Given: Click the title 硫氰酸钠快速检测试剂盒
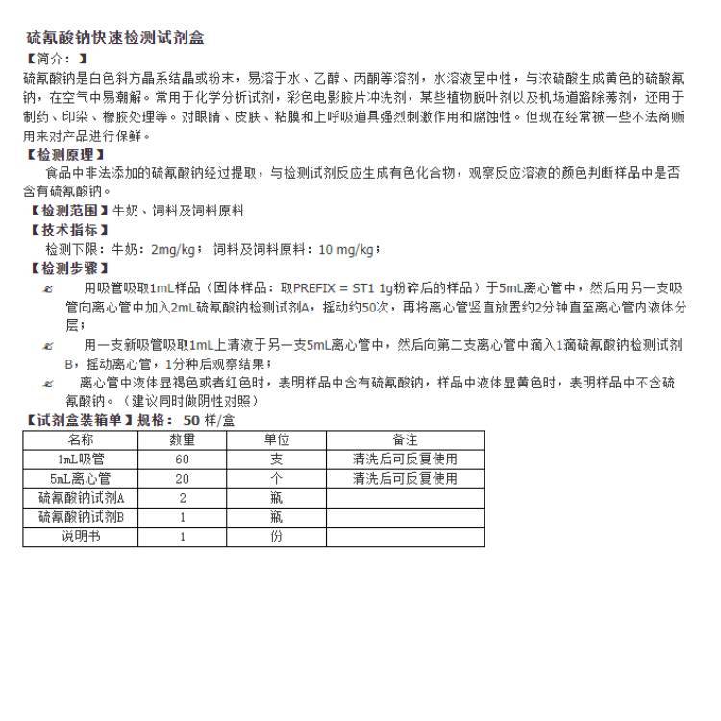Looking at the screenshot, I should click(x=114, y=38).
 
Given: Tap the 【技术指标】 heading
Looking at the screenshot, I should click(x=69, y=230).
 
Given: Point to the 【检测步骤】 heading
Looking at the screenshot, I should click(x=69, y=268).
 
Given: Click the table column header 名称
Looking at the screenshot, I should click(x=81, y=439).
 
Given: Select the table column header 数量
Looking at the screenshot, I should click(x=183, y=439).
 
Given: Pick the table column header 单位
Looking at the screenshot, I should click(x=277, y=439).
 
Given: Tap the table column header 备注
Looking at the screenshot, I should click(x=405, y=439).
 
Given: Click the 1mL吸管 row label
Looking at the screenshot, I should click(x=81, y=459).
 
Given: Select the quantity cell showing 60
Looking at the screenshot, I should click(x=183, y=459).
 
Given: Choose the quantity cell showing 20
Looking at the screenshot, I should click(x=183, y=478).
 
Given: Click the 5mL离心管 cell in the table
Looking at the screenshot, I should click(x=81, y=478).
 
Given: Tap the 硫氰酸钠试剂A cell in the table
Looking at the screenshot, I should click(x=81, y=498).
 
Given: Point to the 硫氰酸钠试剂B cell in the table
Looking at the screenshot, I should click(x=81, y=517).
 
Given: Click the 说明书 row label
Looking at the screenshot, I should click(x=81, y=536).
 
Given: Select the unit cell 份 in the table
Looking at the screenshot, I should click(x=277, y=536).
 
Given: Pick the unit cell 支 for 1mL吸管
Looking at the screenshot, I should click(x=277, y=459).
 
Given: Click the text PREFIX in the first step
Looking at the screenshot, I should click(x=314, y=287).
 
